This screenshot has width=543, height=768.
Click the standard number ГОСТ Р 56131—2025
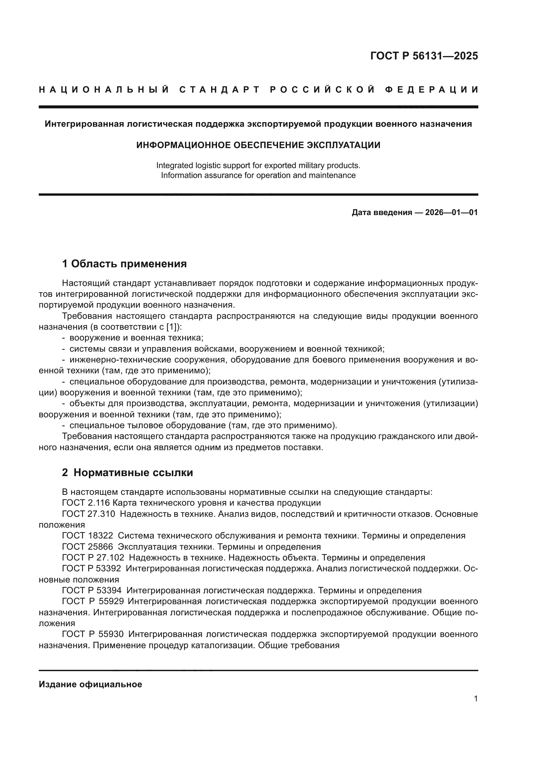tap(424, 56)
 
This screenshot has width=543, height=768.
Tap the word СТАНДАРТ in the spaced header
tap(219, 90)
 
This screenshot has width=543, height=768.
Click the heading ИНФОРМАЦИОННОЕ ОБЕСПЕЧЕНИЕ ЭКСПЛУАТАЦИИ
tap(258, 145)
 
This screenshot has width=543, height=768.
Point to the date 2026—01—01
tap(451, 212)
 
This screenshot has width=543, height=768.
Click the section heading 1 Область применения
tap(124, 264)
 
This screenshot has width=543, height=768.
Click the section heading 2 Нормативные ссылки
tap(127, 472)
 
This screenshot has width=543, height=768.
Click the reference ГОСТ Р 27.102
tap(93, 558)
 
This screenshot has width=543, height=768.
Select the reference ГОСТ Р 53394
tap(92, 590)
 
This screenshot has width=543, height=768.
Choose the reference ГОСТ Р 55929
tap(93, 601)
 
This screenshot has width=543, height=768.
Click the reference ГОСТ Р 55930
tap(93, 634)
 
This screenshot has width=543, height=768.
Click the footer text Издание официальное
tap(90, 684)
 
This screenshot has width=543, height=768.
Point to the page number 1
tap(475, 699)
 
